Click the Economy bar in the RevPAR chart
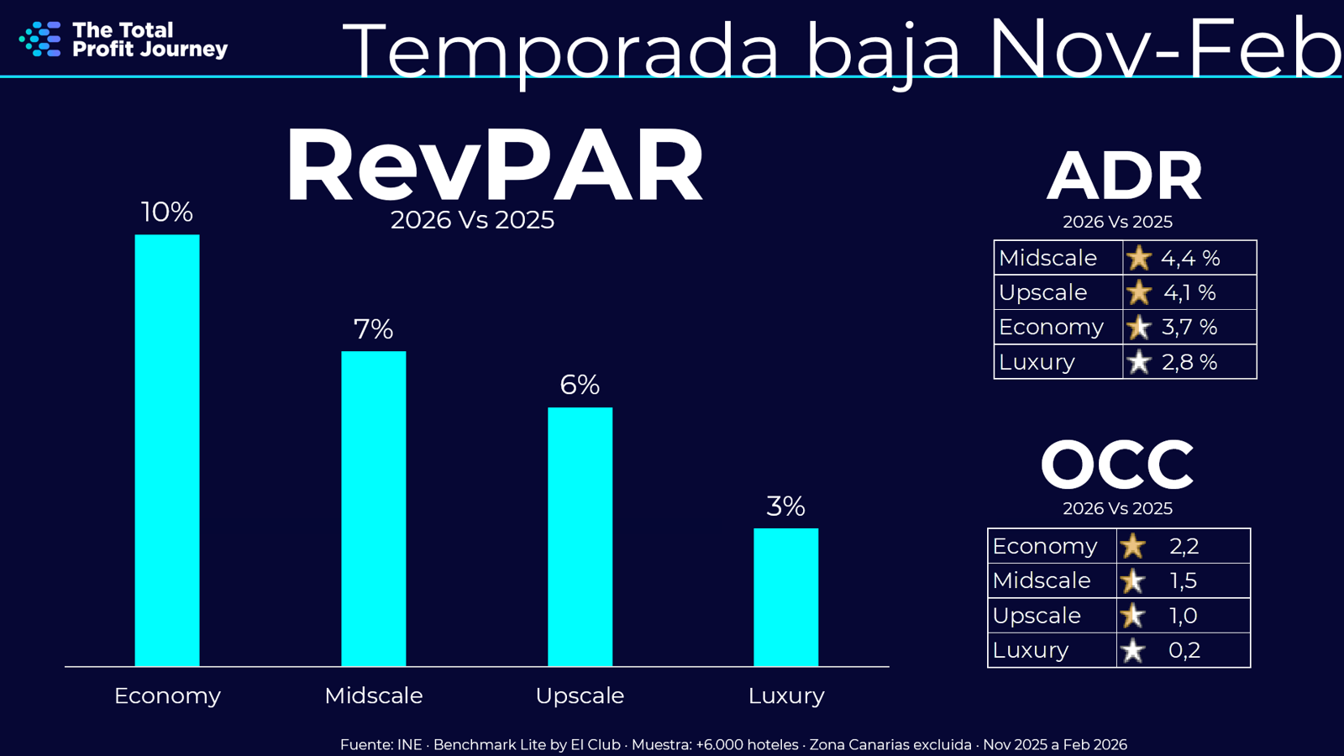[167, 450]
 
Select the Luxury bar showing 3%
[785, 597]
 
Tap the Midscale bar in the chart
[373, 508]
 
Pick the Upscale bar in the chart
[580, 537]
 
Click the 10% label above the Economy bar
[166, 212]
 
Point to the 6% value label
[580, 385]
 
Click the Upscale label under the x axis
[580, 696]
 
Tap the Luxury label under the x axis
[786, 696]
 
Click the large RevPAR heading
[494, 165]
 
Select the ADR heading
[1124, 176]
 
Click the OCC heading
[1117, 465]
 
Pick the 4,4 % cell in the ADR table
[1190, 258]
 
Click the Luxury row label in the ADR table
[1037, 362]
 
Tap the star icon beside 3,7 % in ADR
[1138, 327]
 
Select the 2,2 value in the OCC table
[1184, 546]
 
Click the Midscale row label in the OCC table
[1042, 580]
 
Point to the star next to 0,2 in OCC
[1132, 650]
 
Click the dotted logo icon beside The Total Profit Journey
[40, 39]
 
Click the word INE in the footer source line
[409, 744]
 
